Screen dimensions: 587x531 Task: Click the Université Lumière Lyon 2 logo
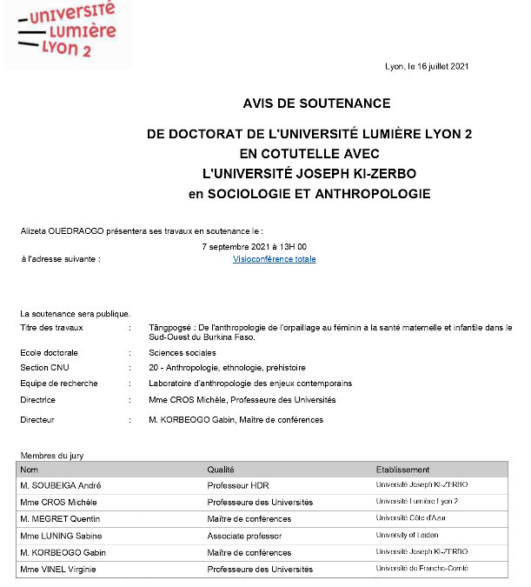68,33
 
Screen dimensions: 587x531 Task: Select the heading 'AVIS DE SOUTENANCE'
316,103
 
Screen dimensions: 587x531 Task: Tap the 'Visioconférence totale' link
274,259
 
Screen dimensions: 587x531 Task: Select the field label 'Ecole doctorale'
49,353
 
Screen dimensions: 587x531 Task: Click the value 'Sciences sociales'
182,353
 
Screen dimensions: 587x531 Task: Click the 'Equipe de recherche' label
58,384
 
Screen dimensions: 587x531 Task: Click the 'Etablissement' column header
402,470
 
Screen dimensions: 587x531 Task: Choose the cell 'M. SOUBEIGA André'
58,485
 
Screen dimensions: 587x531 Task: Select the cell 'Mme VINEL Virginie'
58,570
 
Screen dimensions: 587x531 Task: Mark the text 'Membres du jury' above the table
52,456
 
